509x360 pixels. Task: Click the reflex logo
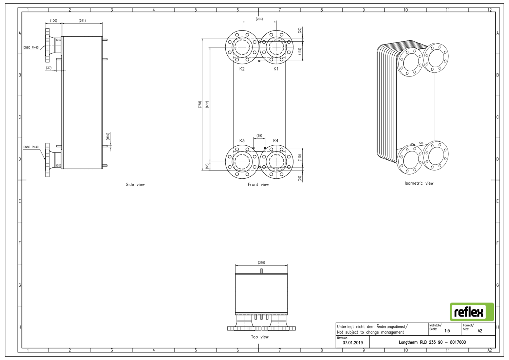click(472, 312)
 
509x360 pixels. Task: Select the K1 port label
click(276, 69)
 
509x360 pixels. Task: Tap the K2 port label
click(242, 69)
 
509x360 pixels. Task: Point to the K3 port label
click(242, 141)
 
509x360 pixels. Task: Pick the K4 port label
click(276, 141)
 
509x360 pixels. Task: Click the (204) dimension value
click(259, 19)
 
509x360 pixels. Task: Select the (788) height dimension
click(200, 105)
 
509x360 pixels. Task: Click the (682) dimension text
click(207, 105)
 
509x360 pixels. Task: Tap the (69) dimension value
click(259, 136)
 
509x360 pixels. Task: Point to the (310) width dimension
click(261, 263)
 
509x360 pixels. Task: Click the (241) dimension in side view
click(82, 20)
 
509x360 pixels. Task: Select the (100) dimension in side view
click(54, 20)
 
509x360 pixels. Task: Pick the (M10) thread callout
click(108, 137)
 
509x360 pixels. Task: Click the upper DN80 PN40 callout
click(31, 48)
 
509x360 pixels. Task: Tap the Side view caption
click(135, 185)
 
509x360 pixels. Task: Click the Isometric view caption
click(419, 183)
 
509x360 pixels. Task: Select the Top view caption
click(260, 337)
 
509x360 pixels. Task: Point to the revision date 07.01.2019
click(353, 343)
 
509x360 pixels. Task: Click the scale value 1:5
click(447, 331)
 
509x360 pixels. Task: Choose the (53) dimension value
click(207, 166)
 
